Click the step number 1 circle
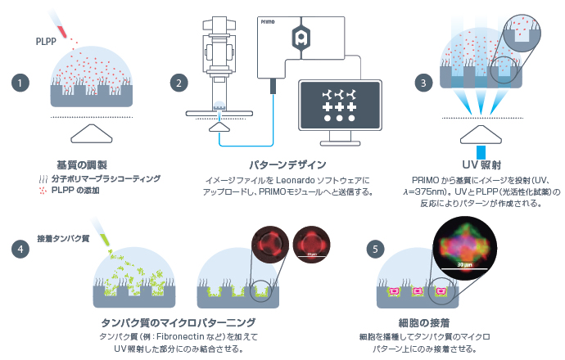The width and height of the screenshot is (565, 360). click(18, 83)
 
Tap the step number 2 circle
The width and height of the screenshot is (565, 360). click(179, 83)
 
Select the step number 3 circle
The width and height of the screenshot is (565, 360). click(423, 83)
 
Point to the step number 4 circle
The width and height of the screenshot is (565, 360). click(18, 249)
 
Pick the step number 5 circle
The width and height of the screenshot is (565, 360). click(376, 249)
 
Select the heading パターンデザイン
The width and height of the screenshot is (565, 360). click(287, 163)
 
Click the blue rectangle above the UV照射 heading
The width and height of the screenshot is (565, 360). click(481, 151)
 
